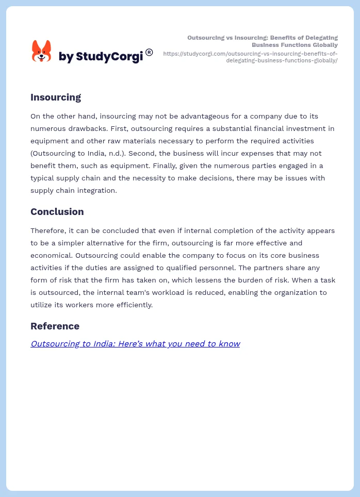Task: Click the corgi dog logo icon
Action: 41,52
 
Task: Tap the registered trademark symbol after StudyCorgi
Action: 149,52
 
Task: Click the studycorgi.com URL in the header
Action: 250,57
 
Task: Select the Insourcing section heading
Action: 56,97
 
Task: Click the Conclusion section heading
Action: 57,211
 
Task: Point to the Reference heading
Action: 55,326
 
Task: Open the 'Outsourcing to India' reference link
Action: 135,343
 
